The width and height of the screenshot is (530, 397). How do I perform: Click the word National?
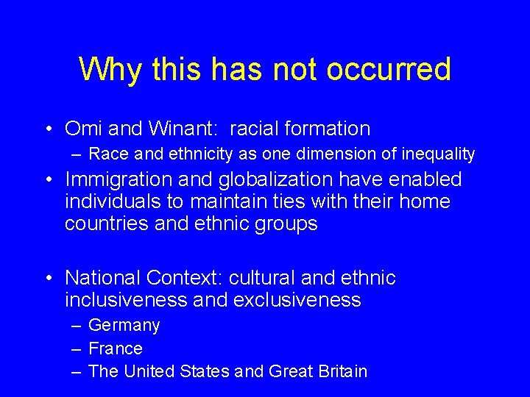103,278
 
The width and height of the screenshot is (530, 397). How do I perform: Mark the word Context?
184,278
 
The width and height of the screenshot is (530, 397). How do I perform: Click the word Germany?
124,326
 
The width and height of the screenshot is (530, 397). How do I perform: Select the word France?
116,348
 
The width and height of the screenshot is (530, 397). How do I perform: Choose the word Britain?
339,371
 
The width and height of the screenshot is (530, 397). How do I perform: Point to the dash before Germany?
77,326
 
